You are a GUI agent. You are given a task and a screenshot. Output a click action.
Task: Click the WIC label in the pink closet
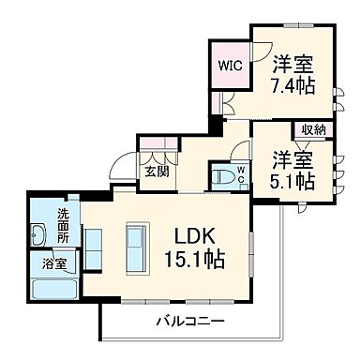230,66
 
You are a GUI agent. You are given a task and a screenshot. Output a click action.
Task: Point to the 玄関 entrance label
155,172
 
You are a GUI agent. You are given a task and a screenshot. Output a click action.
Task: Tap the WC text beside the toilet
240,174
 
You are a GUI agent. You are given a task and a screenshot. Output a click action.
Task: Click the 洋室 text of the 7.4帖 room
292,66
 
